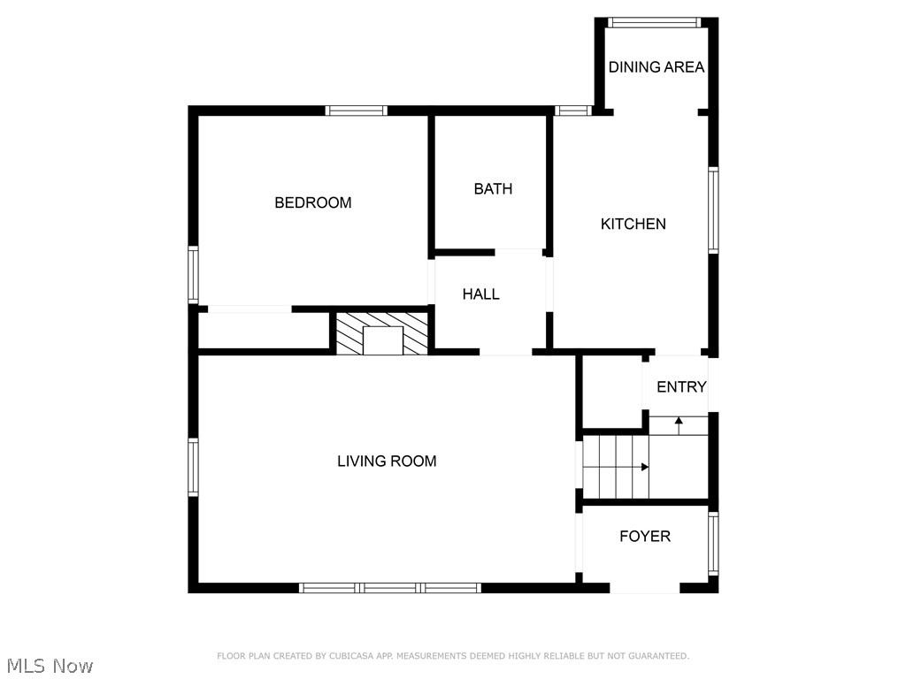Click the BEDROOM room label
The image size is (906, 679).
[x=313, y=202]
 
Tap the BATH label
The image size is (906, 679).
[x=493, y=188]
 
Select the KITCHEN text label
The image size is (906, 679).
[x=633, y=224]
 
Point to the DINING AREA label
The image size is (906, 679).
[x=656, y=67]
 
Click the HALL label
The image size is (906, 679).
[x=481, y=294]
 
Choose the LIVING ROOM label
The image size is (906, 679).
[x=387, y=461]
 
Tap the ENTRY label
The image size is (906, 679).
[x=681, y=386]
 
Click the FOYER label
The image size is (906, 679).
[x=645, y=536]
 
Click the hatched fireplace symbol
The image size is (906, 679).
[x=383, y=333]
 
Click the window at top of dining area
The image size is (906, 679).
[x=656, y=23]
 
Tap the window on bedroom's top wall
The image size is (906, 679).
[x=356, y=111]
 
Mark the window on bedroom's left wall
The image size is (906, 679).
[x=193, y=275]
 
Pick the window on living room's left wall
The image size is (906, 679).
[x=193, y=467]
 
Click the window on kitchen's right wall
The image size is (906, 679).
[x=713, y=210]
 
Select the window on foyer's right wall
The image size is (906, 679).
[x=713, y=544]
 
